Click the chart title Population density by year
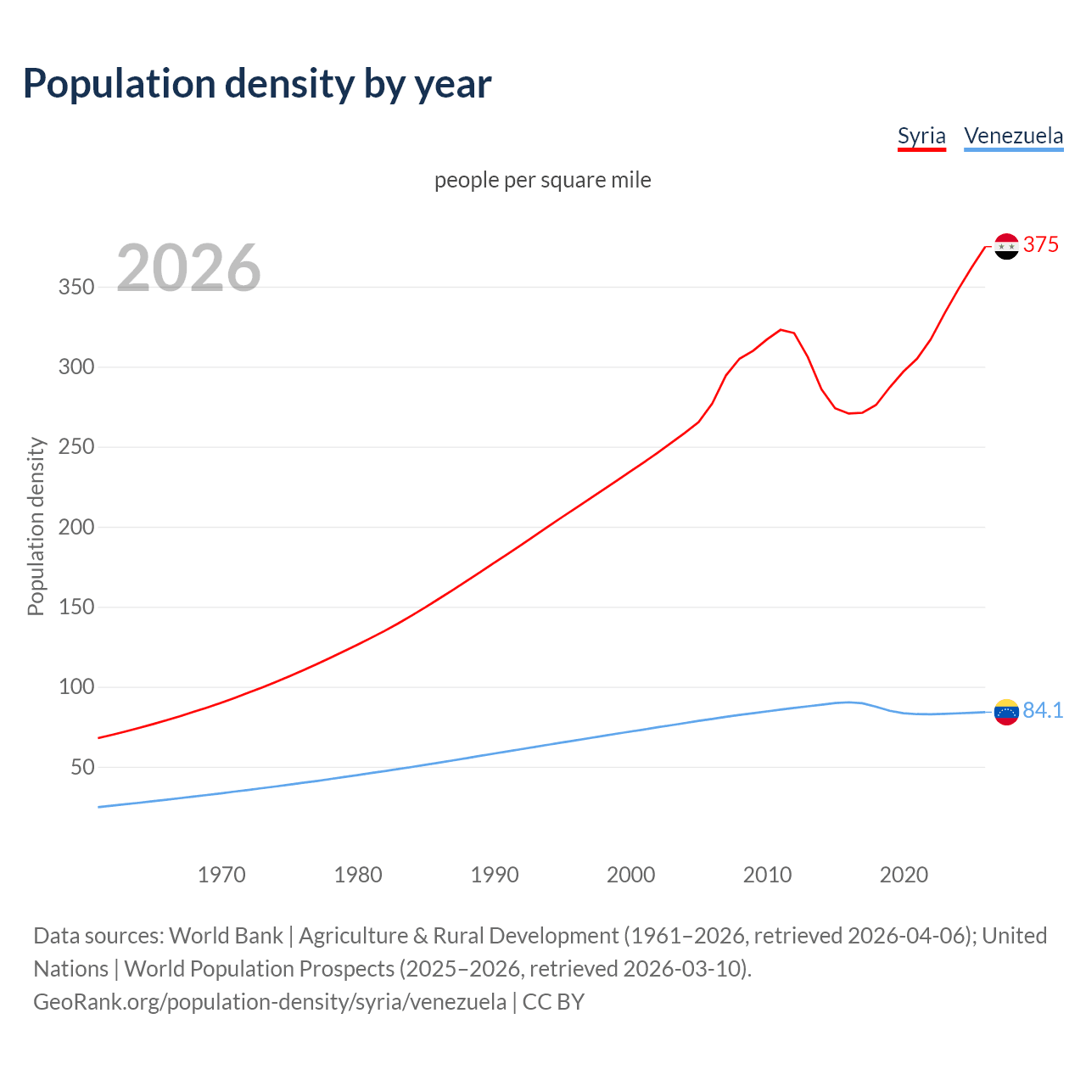click(257, 84)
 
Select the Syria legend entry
click(921, 136)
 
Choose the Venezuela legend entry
click(1013, 136)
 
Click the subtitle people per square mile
click(542, 180)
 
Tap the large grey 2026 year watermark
click(188, 268)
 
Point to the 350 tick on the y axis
click(76, 287)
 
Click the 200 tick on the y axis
click(76, 527)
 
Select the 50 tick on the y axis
click(82, 767)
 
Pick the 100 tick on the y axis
click(76, 686)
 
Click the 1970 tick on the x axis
click(221, 875)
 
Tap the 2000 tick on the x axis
click(630, 875)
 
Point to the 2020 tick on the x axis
click(904, 875)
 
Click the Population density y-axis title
click(36, 526)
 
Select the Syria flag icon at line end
click(1006, 246)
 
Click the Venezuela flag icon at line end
click(1006, 712)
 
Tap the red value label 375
click(1041, 245)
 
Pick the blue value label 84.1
click(1043, 710)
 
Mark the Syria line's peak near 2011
click(781, 330)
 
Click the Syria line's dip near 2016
click(849, 413)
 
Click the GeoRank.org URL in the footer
click(270, 1002)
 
